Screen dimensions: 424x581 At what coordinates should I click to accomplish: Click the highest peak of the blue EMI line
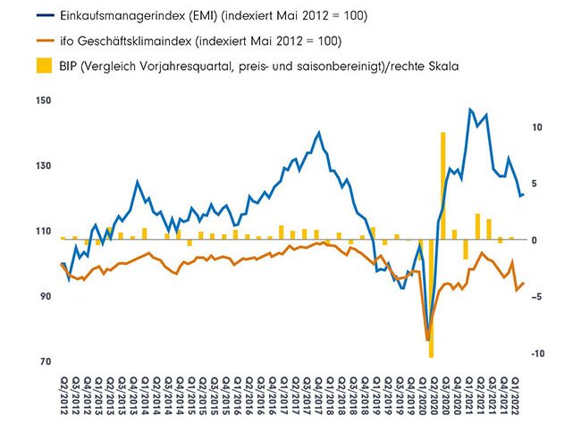tap(470, 109)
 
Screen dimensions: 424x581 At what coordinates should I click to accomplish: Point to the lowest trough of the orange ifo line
tap(428, 338)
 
